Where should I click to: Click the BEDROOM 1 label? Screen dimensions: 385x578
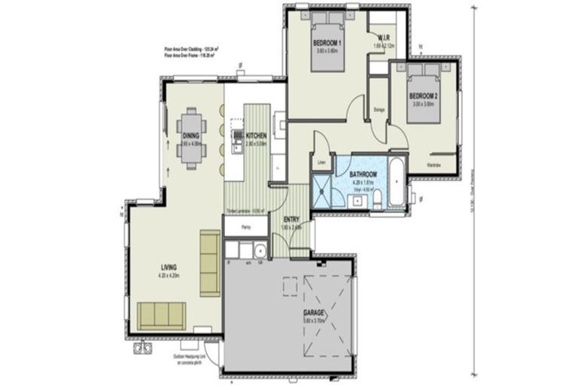(327, 44)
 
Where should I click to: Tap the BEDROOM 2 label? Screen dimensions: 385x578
(423, 95)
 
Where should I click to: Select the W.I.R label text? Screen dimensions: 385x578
(383, 37)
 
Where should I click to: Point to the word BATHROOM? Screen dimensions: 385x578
(363, 174)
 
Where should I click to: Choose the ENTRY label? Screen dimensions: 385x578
(291, 219)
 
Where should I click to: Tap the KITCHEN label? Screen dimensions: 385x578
(257, 135)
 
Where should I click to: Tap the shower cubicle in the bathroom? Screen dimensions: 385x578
(324, 191)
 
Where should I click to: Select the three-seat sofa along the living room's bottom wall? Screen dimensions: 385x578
(161, 314)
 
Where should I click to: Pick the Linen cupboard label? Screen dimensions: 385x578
(321, 162)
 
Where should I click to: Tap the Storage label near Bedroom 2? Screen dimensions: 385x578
(379, 110)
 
